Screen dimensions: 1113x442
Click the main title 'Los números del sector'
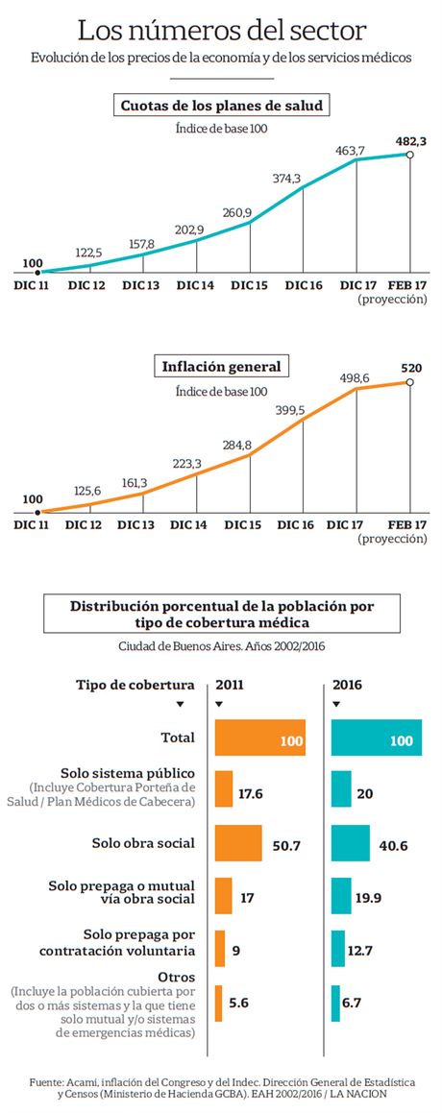tap(220, 30)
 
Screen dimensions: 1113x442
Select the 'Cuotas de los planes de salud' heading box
tap(220, 105)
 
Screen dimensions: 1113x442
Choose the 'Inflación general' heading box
tap(220, 366)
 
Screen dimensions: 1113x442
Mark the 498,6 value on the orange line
tap(357, 378)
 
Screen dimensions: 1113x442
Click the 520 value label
tap(410, 368)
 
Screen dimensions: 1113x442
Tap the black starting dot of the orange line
tap(37, 514)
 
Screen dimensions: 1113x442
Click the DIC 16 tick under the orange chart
tap(303, 525)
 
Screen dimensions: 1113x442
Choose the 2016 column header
tap(347, 685)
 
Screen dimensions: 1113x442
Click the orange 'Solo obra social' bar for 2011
tap(238, 843)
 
